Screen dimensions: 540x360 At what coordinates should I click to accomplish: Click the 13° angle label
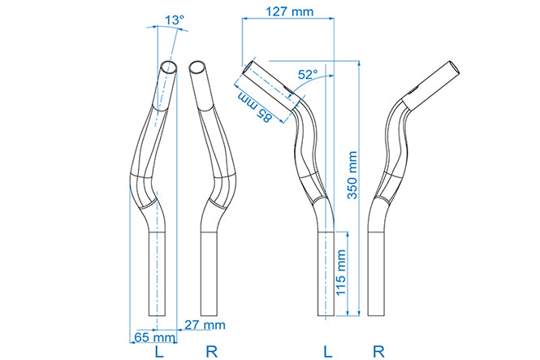[x=175, y=20]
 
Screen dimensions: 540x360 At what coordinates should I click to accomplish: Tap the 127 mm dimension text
[x=290, y=11]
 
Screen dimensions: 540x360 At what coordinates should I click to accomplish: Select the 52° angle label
[x=308, y=75]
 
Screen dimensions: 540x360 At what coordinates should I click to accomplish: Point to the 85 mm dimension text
[x=255, y=107]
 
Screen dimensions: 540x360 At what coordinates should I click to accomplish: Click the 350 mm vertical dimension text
[x=352, y=175]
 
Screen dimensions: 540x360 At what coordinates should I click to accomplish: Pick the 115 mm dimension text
[x=340, y=273]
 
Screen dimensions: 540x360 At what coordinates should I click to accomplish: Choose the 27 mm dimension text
[x=205, y=324]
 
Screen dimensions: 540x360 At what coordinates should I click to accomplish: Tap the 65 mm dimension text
[x=154, y=337]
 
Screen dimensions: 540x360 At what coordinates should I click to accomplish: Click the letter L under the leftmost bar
[x=159, y=352]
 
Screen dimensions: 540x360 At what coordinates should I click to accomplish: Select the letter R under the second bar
[x=211, y=352]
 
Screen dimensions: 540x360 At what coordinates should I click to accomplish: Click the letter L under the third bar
[x=328, y=352]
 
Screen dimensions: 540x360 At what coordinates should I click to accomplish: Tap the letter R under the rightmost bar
[x=378, y=352]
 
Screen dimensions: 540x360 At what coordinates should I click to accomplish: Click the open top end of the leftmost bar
[x=170, y=67]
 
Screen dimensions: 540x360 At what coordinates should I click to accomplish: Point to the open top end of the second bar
[x=197, y=67]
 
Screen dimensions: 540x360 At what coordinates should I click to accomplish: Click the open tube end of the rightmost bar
[x=455, y=68]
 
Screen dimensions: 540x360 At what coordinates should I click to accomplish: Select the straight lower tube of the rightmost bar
[x=376, y=274]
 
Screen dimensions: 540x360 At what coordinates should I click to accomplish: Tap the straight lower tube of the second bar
[x=209, y=274]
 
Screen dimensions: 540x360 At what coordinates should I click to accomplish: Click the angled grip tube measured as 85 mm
[x=272, y=86]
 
